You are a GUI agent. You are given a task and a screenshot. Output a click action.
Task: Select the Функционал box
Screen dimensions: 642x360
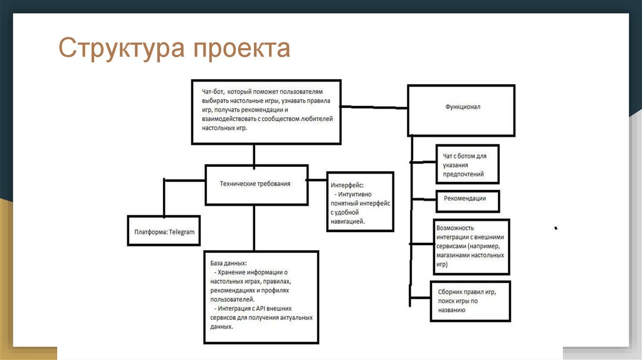point(462,107)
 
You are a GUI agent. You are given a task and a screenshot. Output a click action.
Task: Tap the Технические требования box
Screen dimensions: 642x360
point(255,184)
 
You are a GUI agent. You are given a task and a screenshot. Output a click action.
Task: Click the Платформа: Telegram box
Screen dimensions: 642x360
point(164,231)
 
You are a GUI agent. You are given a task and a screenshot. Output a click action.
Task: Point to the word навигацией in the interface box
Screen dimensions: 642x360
point(347,221)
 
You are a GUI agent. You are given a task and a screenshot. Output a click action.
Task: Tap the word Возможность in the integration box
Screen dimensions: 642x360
point(455,228)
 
